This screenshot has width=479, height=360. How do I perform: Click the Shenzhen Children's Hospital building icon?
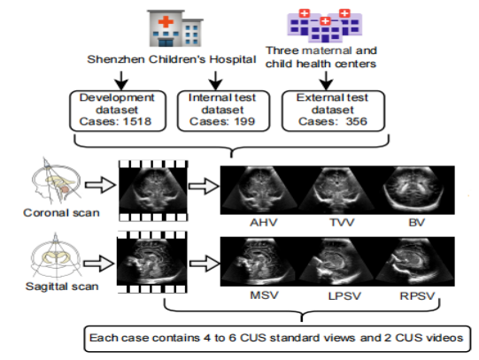pos(175,28)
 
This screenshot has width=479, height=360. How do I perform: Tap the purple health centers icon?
pos(324,26)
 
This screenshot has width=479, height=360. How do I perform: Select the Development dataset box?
pos(118,111)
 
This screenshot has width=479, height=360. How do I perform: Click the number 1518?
pos(137,121)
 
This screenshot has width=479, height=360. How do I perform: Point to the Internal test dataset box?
pos(223,111)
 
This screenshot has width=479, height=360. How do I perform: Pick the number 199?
pos(244,121)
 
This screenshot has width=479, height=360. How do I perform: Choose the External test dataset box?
pos(333,111)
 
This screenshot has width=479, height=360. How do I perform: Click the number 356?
pos(356,121)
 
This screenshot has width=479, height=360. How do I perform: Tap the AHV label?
pos(264,222)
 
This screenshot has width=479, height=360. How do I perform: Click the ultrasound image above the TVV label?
pos(336,190)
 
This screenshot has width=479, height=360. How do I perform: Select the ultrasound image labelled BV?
pos(415,190)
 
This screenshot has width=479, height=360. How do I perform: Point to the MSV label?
pos(264,295)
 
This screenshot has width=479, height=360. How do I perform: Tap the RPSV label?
pos(417,296)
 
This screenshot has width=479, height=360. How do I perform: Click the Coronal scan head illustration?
pos(57,181)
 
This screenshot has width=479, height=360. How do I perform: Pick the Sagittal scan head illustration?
pos(56,256)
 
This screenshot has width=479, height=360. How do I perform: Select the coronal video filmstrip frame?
pos(153,191)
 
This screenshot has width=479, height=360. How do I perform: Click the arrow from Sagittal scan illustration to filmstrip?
pos(98,264)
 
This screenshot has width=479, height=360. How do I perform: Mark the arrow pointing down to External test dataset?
pos(326,80)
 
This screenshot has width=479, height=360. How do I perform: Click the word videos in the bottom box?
pos(446,338)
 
